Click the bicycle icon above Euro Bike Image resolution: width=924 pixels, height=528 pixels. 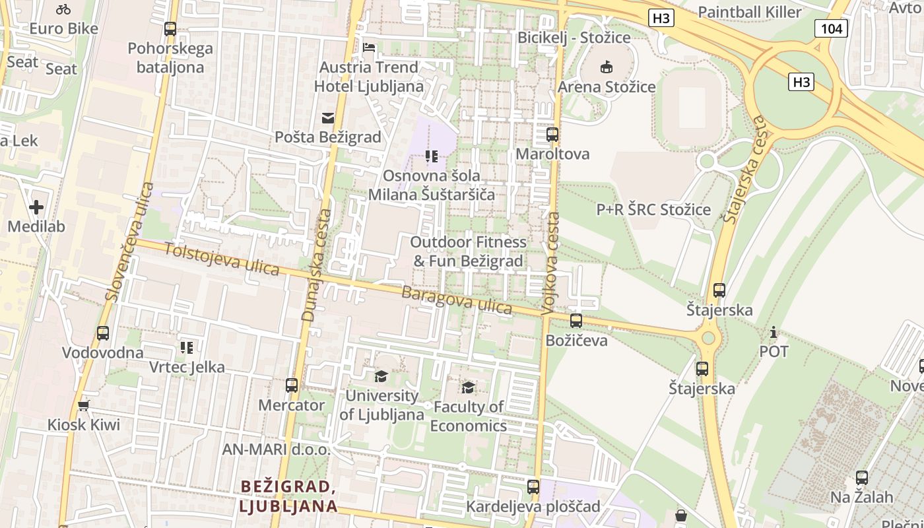[63, 9]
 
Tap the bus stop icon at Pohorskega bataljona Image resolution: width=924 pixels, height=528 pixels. [170, 29]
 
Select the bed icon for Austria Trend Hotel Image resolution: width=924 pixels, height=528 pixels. [369, 48]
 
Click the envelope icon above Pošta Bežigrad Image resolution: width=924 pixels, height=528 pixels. [328, 118]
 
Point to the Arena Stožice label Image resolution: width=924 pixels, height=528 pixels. [607, 86]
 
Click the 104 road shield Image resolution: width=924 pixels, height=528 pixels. [831, 28]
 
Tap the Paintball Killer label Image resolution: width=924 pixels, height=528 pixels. [749, 12]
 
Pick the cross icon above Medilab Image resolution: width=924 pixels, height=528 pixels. [36, 208]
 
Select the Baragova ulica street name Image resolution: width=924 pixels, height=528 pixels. [457, 300]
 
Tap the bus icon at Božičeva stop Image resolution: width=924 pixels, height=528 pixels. [576, 321]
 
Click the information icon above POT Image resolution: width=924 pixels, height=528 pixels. [774, 332]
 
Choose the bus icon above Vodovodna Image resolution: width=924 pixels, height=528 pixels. [103, 333]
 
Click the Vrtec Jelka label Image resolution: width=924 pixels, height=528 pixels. [187, 367]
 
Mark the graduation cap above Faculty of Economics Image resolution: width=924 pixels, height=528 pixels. [468, 387]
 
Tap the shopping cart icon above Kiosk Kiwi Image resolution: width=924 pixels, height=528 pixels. [83, 405]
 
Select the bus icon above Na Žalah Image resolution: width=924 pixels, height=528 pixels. [861, 478]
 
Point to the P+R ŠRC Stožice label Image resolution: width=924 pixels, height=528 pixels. [653, 210]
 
